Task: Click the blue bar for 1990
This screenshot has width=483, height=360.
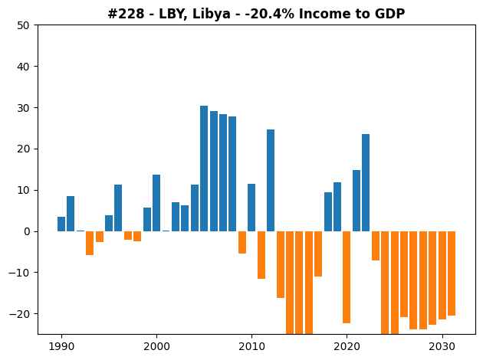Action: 61,224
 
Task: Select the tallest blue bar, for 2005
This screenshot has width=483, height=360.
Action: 204,169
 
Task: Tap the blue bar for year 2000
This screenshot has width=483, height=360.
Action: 156,203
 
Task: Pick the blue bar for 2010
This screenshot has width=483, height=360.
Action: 251,208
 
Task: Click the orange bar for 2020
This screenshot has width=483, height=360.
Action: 347,277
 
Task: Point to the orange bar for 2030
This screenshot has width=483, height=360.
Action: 442,276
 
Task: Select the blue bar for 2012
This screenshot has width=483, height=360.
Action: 271,180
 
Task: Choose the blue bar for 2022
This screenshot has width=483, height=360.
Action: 366,183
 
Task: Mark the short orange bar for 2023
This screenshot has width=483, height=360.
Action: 376,246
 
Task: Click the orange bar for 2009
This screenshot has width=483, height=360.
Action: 242,243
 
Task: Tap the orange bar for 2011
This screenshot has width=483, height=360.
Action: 261,255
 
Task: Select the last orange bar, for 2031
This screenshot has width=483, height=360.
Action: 452,273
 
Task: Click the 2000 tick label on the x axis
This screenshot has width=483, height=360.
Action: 156,347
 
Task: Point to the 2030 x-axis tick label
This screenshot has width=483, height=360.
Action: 442,347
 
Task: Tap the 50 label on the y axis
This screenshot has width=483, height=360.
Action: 23,25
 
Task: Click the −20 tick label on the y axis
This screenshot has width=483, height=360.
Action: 19,314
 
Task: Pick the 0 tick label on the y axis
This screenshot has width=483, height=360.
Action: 27,231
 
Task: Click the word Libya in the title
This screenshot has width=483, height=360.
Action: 212,14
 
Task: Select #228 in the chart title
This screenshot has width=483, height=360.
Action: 126,14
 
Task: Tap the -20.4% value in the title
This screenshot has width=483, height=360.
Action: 270,14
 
